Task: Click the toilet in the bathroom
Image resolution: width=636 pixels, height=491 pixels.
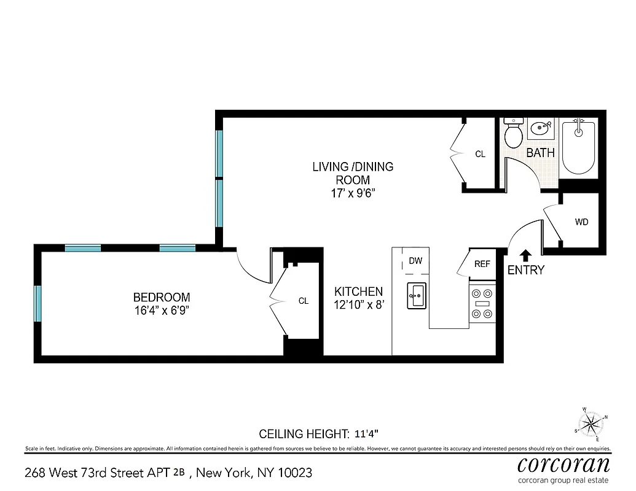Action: (x=513, y=133)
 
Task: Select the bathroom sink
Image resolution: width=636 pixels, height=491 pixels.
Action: (x=541, y=130)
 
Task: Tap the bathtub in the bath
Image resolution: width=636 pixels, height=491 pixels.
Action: (x=578, y=147)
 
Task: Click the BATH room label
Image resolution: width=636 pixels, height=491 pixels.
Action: (x=541, y=153)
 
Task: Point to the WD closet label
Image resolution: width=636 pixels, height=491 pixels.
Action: (x=581, y=222)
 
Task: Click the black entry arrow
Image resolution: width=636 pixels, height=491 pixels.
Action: (x=525, y=254)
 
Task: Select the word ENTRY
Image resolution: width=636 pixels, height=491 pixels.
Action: (x=525, y=270)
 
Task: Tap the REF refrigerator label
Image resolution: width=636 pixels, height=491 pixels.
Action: (x=482, y=264)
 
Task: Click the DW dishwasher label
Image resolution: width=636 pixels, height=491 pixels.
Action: (x=415, y=261)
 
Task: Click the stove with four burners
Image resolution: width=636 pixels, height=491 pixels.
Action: (x=482, y=304)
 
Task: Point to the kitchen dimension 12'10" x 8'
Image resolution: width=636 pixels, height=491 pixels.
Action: (x=359, y=304)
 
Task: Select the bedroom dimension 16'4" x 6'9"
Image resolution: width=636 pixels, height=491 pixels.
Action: (x=161, y=310)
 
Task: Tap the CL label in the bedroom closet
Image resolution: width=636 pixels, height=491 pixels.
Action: (x=303, y=301)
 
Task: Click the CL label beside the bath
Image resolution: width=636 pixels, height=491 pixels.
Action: (x=480, y=155)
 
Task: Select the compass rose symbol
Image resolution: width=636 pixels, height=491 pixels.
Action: (x=591, y=423)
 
